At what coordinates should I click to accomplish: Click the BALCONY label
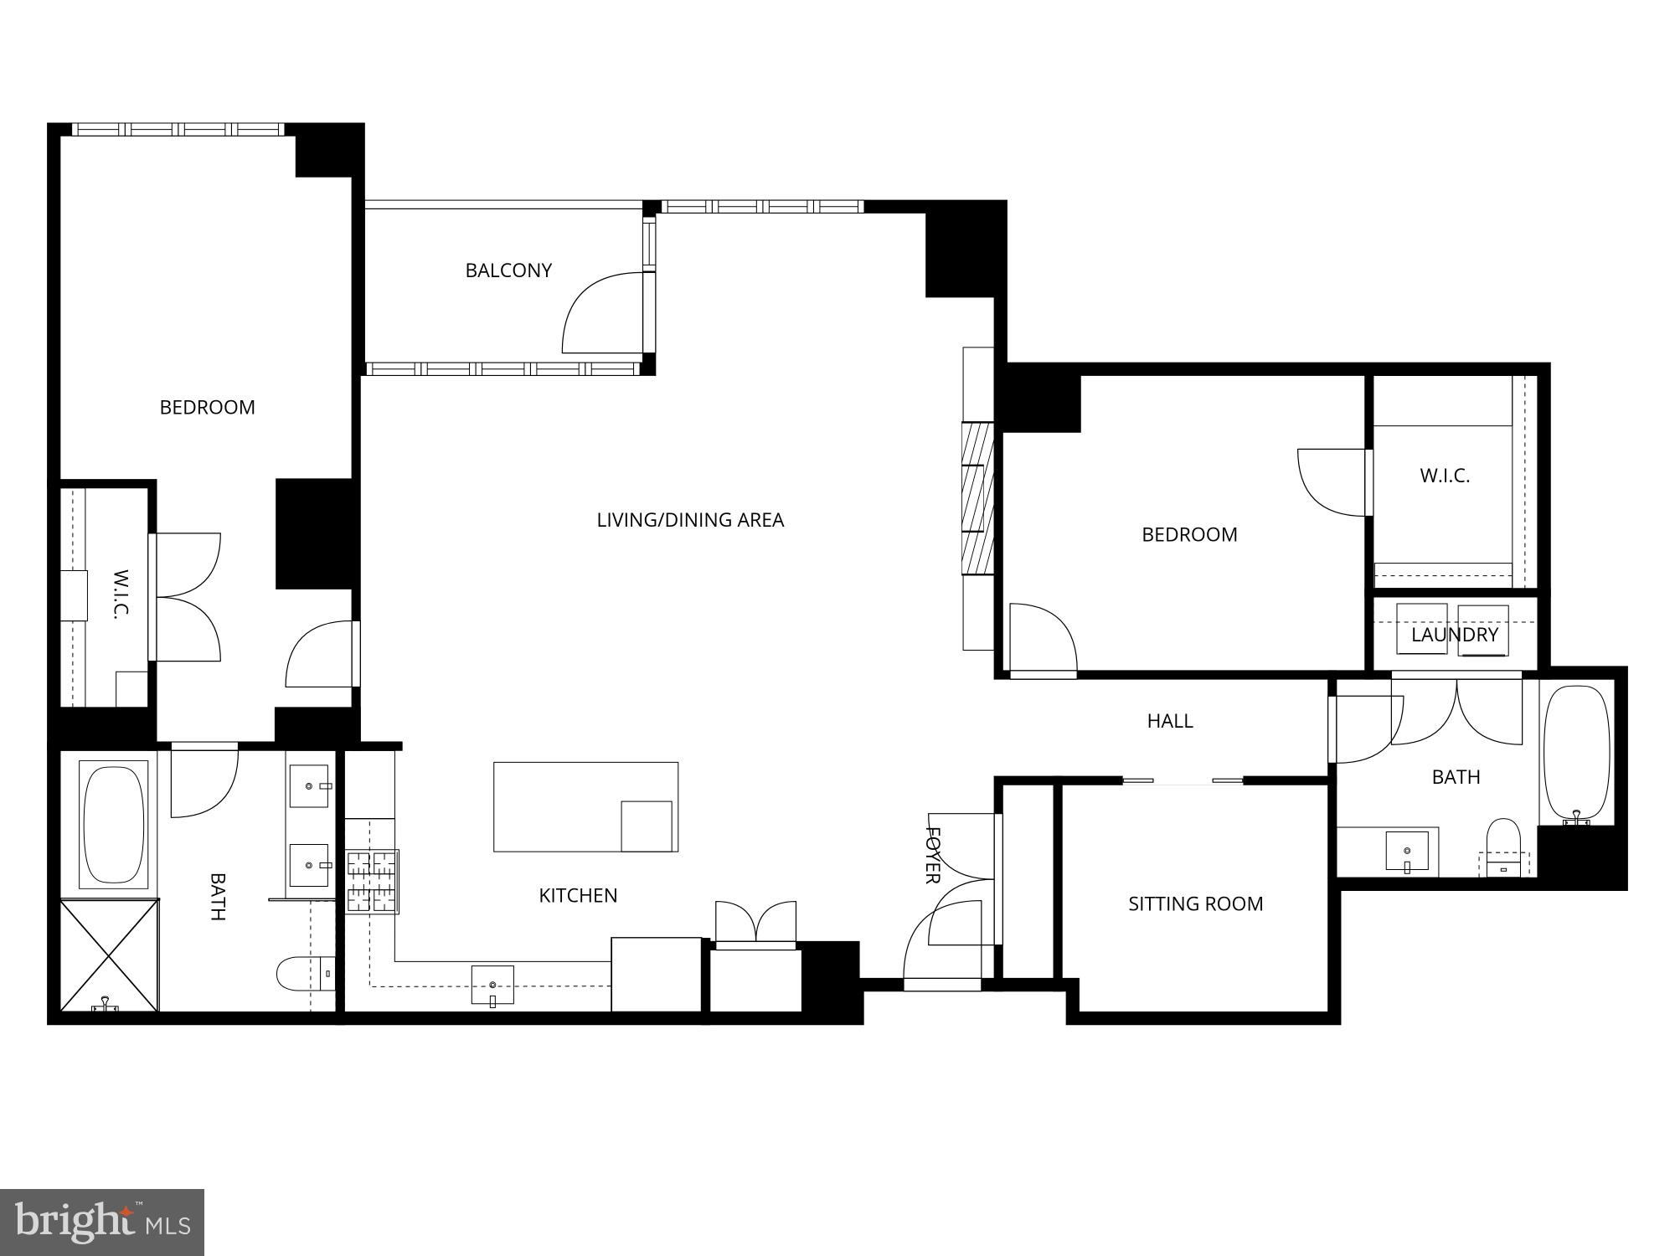pyautogui.click(x=508, y=270)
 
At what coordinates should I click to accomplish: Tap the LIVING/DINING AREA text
pyautogui.click(x=690, y=520)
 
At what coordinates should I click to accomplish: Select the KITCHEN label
pyautogui.click(x=578, y=896)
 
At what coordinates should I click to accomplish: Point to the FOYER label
pyautogui.click(x=932, y=855)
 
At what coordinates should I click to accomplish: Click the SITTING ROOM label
pyautogui.click(x=1195, y=904)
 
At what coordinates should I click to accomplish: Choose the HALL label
pyautogui.click(x=1170, y=721)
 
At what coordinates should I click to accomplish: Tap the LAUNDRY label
pyautogui.click(x=1455, y=635)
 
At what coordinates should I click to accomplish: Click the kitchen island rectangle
pyautogui.click(x=585, y=806)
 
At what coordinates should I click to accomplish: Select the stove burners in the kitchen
pyautogui.click(x=373, y=881)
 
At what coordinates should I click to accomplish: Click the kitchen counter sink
pyautogui.click(x=492, y=986)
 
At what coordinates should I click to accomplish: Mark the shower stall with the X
pyautogui.click(x=110, y=955)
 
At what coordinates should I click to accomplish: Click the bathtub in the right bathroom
pyautogui.click(x=1576, y=752)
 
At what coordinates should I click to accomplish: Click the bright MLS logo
pyautogui.click(x=102, y=1223)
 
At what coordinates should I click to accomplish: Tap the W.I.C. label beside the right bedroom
pyautogui.click(x=1445, y=476)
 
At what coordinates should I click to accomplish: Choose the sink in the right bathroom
pyautogui.click(x=1407, y=851)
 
